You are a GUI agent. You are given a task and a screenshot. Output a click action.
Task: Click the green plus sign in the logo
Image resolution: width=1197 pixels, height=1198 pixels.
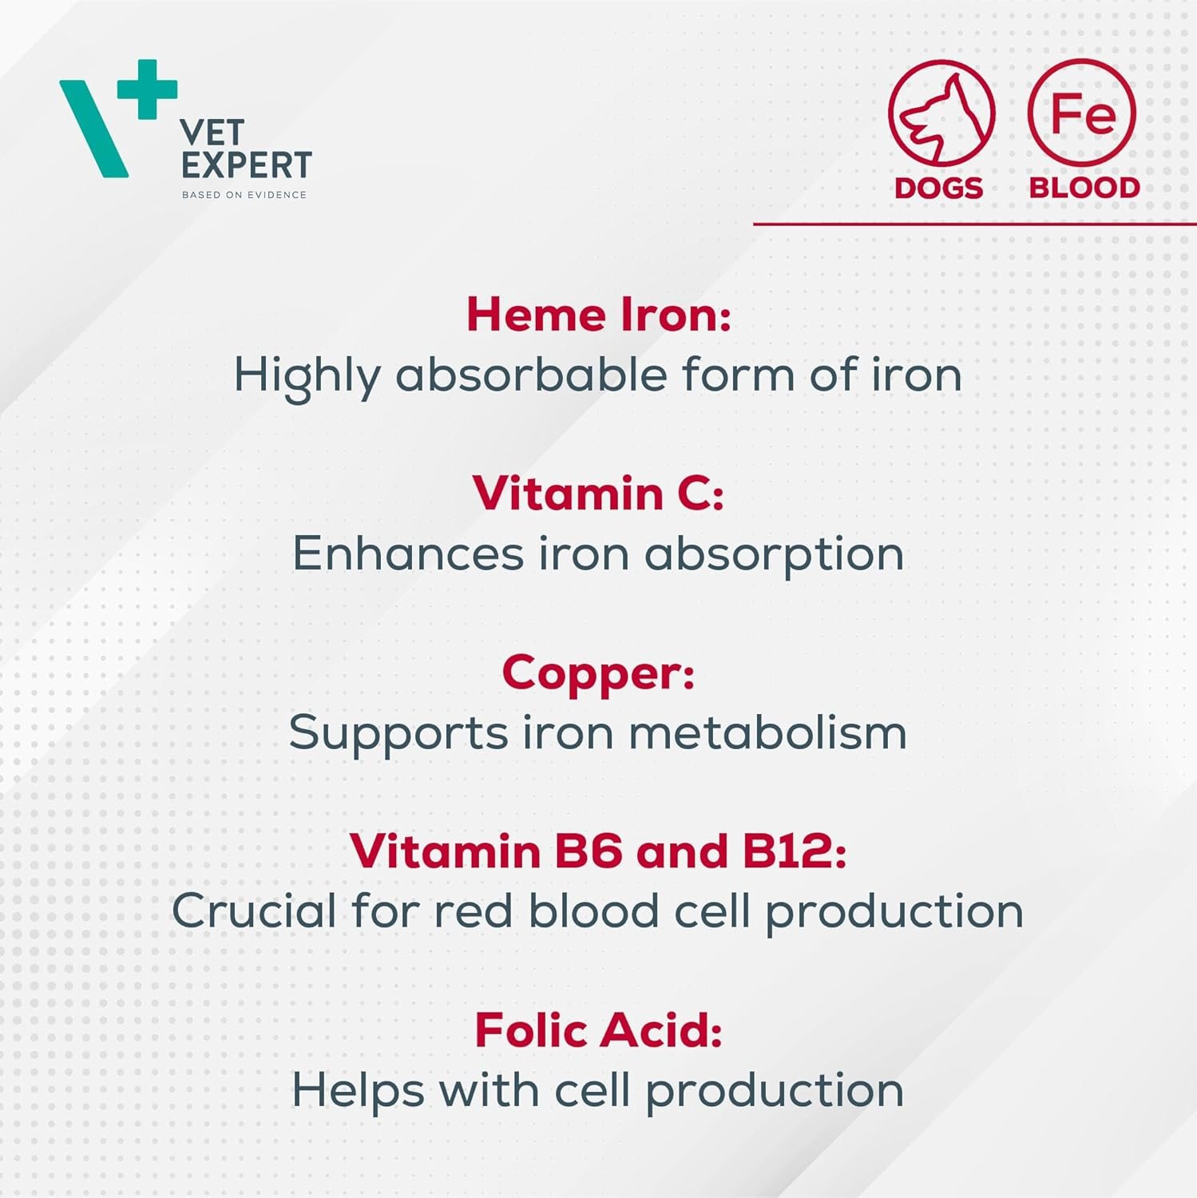click(147, 89)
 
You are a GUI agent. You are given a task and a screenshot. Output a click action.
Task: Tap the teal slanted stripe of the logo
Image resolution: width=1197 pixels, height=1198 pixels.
click(93, 128)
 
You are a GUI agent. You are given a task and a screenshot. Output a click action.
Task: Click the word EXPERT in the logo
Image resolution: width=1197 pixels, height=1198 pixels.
click(246, 165)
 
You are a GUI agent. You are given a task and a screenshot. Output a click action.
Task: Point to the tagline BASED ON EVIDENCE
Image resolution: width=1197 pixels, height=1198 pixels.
click(244, 195)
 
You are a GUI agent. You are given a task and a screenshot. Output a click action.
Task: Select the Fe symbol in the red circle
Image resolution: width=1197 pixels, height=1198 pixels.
click(1082, 113)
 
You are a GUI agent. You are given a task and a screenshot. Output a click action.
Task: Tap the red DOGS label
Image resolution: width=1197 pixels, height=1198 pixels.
click(939, 188)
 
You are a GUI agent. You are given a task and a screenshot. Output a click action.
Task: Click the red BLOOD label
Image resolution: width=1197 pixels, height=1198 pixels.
click(1084, 188)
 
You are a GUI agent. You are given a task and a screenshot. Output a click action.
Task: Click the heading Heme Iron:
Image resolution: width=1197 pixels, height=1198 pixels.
click(599, 314)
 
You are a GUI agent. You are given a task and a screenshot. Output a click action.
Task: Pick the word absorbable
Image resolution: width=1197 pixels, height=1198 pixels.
click(531, 374)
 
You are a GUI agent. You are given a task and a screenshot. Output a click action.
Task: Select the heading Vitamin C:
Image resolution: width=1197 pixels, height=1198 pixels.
click(598, 493)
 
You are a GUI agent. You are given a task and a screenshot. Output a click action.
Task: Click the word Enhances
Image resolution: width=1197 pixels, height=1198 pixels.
click(407, 553)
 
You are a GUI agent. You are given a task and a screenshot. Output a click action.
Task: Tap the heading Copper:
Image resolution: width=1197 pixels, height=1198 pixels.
click(598, 673)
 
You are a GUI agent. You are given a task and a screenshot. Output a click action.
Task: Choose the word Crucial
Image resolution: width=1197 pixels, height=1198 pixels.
click(254, 910)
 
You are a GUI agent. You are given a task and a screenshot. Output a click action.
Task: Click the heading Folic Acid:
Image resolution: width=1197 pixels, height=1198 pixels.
click(599, 1030)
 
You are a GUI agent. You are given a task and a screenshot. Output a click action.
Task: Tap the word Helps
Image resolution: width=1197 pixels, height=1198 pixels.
click(358, 1092)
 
